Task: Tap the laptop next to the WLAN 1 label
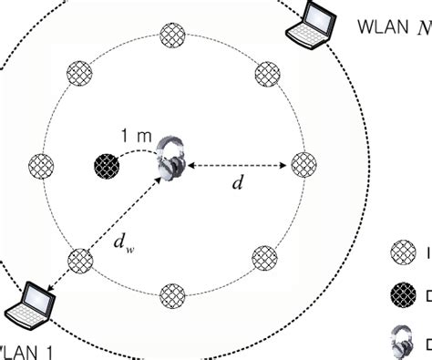[x=27, y=304]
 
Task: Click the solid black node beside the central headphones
[x=108, y=166]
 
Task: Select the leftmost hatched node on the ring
[x=42, y=166]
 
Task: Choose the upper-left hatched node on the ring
[x=79, y=73]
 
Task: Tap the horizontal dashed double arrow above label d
[x=237, y=165]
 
